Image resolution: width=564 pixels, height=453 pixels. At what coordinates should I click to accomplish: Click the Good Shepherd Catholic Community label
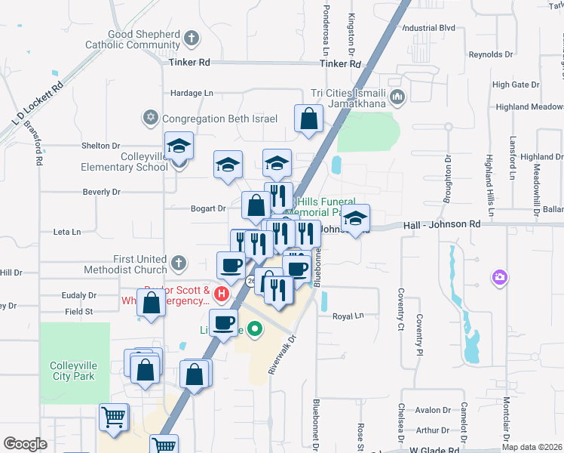(143, 39)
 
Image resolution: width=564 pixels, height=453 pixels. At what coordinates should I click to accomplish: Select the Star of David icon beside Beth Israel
(151, 118)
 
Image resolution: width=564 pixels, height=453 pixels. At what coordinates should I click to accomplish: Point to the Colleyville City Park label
(72, 371)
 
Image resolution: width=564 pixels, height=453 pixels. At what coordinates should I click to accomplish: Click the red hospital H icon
(222, 292)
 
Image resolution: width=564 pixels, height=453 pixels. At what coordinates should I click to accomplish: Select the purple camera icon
(499, 278)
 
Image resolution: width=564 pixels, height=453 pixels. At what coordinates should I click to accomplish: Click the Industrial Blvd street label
(430, 28)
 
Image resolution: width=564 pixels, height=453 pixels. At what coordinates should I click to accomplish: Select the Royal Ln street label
(348, 317)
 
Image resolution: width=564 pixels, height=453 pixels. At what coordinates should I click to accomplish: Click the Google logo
(25, 444)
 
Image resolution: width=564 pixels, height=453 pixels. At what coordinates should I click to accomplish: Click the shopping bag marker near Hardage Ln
(308, 119)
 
